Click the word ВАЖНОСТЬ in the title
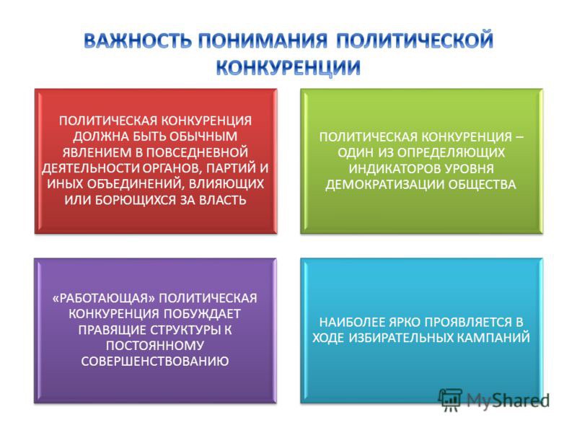[x=138, y=41]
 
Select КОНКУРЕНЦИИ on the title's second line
[x=288, y=67]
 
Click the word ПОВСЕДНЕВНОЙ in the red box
[x=197, y=152]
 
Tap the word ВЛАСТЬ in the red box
[x=222, y=200]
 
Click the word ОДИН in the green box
[x=355, y=152]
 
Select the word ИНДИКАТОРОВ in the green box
[x=394, y=169]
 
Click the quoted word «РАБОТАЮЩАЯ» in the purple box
[x=104, y=298]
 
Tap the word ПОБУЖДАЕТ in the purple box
[x=202, y=314]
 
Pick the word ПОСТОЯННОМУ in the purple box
[x=155, y=346]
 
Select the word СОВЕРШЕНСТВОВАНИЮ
[x=155, y=362]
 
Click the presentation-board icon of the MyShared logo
[x=450, y=399]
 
